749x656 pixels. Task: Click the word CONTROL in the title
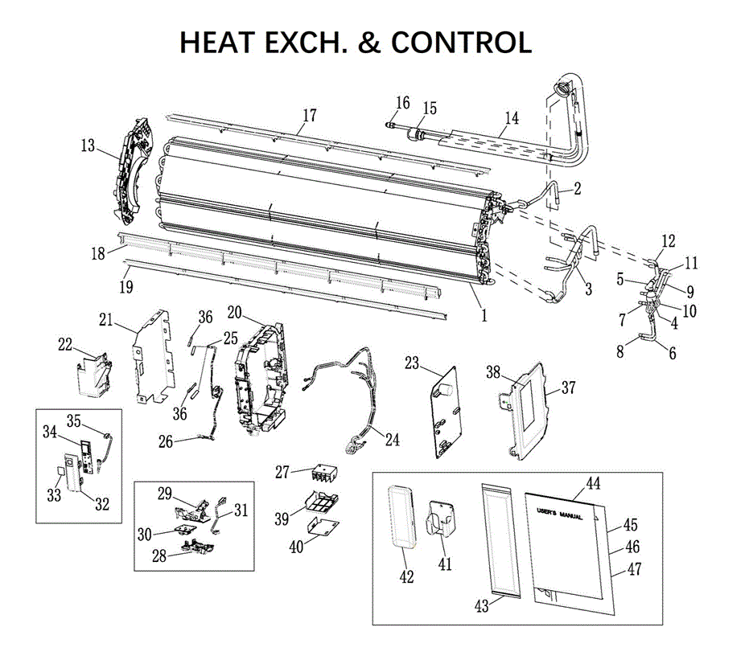(461, 42)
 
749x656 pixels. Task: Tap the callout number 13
(88, 146)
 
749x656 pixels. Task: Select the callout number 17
(310, 115)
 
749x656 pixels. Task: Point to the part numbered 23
(447, 412)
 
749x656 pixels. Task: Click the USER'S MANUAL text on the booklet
(559, 514)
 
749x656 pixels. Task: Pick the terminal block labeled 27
(325, 474)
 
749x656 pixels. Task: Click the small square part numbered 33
(60, 471)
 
